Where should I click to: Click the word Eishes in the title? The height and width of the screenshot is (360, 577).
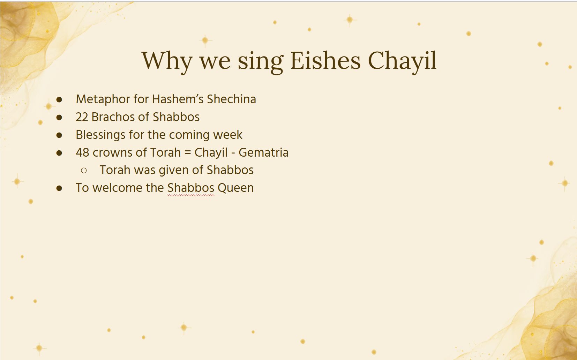point(325,61)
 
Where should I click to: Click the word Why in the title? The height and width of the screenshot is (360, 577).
point(167,62)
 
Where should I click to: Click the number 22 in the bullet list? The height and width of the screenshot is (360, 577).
point(82,117)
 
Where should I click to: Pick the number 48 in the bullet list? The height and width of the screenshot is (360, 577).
point(82,152)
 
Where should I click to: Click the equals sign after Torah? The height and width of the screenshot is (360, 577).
point(188,152)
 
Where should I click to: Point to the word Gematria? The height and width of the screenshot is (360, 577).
point(263,152)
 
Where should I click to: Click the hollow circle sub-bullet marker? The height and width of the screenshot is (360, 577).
point(84,170)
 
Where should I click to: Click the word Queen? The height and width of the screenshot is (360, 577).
point(236,188)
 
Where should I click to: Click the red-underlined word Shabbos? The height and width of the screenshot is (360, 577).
point(190,188)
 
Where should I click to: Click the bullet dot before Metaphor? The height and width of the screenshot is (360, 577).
point(59,100)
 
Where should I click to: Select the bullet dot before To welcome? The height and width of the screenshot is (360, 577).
point(59,188)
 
